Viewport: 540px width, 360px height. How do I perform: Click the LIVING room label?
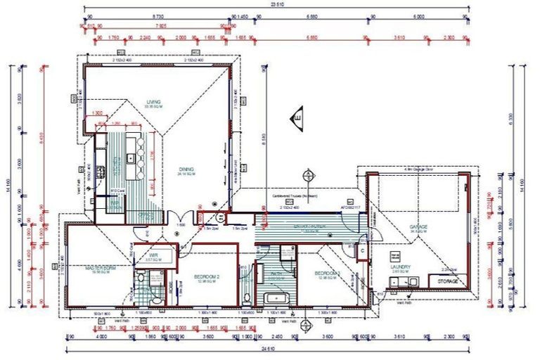[x=153, y=103]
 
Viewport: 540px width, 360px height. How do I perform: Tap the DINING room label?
[x=186, y=169]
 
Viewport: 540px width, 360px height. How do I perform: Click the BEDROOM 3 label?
[x=328, y=273]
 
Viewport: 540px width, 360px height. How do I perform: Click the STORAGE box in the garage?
[x=448, y=281]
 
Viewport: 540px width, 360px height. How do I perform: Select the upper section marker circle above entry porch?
[x=307, y=174]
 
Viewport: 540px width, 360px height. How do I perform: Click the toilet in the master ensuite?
[x=141, y=279]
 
